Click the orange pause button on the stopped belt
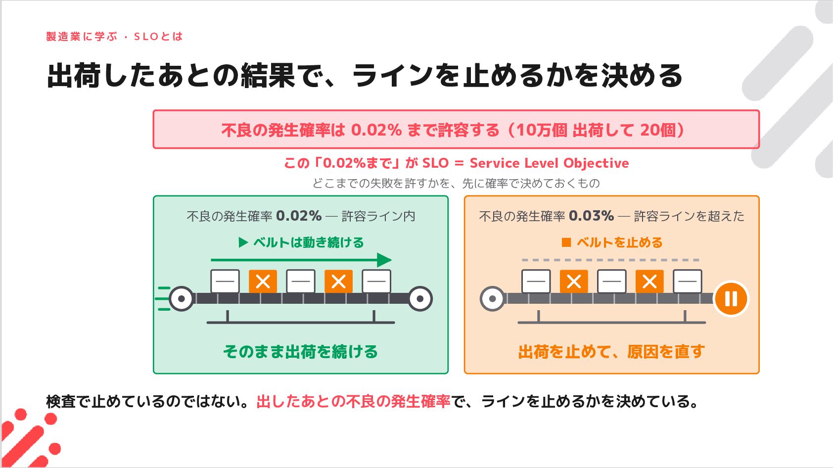click(x=731, y=299)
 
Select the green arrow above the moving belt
click(x=301, y=260)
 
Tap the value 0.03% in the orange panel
click(x=591, y=216)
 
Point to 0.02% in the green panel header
click(x=299, y=216)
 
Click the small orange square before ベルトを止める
click(x=566, y=242)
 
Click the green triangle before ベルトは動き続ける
click(x=243, y=242)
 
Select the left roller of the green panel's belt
click(x=182, y=299)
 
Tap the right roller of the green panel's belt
click(x=420, y=299)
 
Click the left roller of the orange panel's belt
click(x=492, y=299)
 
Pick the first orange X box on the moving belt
click(x=263, y=281)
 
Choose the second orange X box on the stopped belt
click(x=649, y=281)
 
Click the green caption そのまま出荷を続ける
click(x=300, y=352)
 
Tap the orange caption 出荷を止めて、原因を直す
click(x=611, y=352)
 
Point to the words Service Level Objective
click(x=549, y=163)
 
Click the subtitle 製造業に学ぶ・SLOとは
click(x=115, y=37)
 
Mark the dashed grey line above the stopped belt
click(x=610, y=260)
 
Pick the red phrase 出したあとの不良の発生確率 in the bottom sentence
click(x=353, y=402)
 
